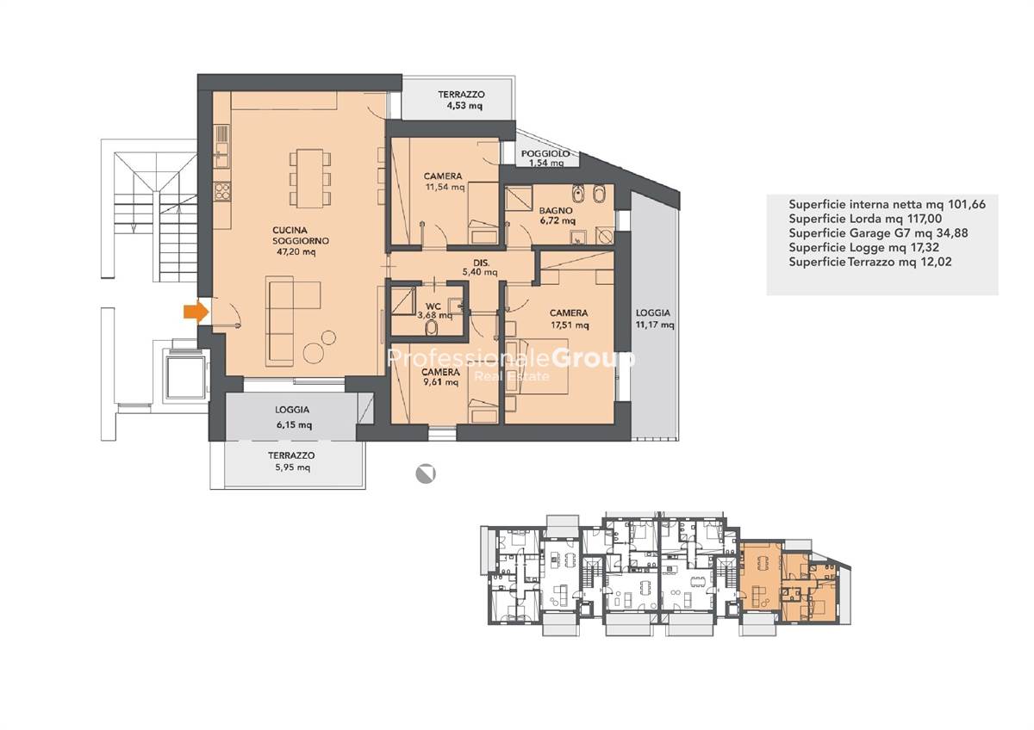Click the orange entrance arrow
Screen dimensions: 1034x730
[x=196, y=312]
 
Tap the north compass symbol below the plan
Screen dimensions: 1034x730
[x=425, y=473]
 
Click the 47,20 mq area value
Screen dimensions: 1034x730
[x=296, y=251]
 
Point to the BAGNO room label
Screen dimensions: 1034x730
[x=556, y=210]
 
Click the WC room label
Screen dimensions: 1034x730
[x=433, y=306]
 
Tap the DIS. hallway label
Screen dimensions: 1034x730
[x=481, y=263]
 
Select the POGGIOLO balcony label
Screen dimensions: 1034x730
[x=545, y=153]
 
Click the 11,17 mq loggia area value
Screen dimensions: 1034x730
[x=655, y=325]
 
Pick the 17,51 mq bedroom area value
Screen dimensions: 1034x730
[x=570, y=325]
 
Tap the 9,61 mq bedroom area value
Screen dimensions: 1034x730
[x=442, y=382]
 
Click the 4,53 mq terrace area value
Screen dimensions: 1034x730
[x=464, y=106]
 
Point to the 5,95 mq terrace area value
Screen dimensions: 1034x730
[x=293, y=467]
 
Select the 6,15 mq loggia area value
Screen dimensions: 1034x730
[x=294, y=424]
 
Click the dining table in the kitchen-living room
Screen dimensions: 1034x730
[x=309, y=178]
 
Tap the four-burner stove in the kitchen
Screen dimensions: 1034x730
[x=222, y=191]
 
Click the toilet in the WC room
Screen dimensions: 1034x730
[x=432, y=328]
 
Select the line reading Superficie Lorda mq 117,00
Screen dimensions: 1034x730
[x=865, y=218]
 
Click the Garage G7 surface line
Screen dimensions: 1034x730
[x=878, y=233]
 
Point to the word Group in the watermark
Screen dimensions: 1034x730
[x=593, y=359]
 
